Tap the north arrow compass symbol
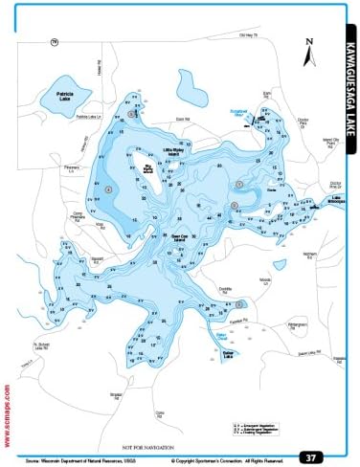pyautogui.click(x=308, y=53)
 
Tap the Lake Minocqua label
pyautogui.click(x=316, y=205)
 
